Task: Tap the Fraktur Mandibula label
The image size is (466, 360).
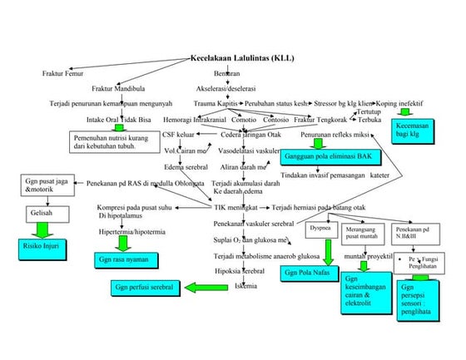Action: click(x=117, y=88)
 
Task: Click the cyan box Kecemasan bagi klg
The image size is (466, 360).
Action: click(x=411, y=130)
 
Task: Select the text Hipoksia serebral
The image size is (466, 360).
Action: click(x=240, y=271)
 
